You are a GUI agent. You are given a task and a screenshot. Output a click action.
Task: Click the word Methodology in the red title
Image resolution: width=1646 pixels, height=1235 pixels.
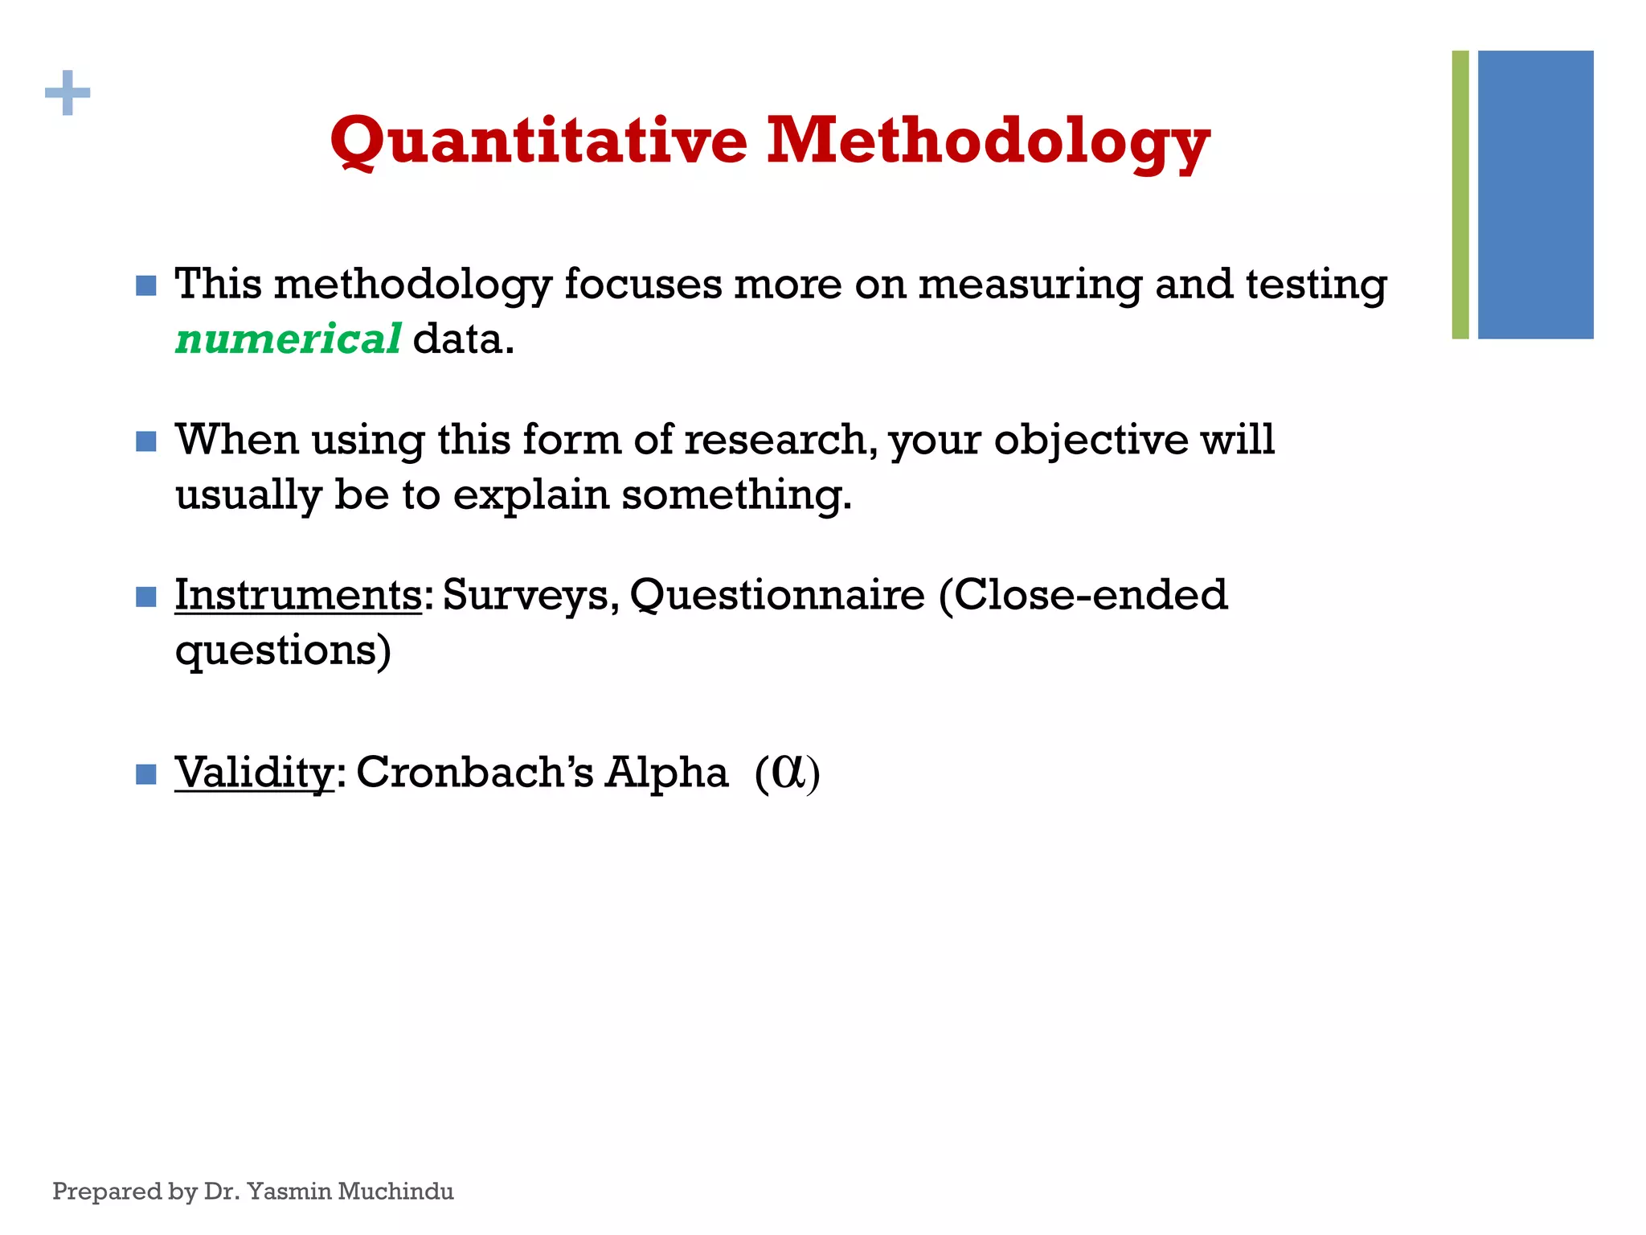point(987,142)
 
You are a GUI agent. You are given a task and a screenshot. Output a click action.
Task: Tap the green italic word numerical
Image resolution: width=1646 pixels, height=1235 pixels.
point(288,338)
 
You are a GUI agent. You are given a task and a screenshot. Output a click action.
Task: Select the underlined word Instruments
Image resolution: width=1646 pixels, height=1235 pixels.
point(297,596)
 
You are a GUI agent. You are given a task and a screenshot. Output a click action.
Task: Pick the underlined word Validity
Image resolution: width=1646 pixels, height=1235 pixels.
point(254,773)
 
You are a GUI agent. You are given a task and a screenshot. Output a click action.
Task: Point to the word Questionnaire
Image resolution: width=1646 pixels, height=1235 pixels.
point(777,596)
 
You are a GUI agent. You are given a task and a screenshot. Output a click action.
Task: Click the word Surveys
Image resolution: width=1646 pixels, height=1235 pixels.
point(530,596)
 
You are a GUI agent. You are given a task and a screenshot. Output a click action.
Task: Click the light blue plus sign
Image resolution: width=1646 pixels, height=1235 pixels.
point(68,93)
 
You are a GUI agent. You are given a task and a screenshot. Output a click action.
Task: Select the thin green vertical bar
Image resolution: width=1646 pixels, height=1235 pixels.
point(1460,195)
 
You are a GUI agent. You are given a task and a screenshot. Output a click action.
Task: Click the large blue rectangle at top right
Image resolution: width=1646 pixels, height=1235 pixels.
point(1535,195)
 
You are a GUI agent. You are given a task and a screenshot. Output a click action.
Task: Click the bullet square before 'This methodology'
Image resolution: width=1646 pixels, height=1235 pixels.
point(146,285)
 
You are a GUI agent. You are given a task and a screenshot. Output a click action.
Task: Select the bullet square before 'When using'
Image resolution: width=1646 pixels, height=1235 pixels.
point(146,441)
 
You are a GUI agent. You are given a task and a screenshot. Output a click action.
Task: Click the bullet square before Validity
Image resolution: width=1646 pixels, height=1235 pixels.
point(146,774)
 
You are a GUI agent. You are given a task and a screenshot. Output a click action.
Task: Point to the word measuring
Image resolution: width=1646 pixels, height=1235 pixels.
point(1029,285)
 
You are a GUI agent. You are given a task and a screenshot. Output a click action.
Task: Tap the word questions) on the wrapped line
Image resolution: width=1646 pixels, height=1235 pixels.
point(283,650)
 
